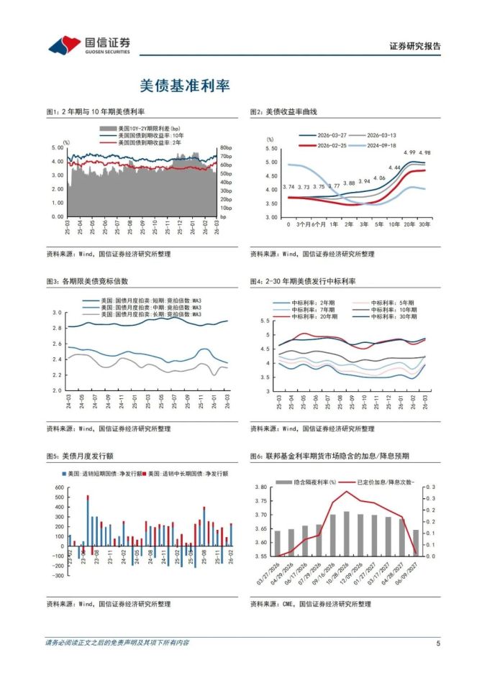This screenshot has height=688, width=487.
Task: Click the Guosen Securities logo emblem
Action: click(x=64, y=45)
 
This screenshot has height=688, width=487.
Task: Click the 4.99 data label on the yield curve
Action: click(x=409, y=152)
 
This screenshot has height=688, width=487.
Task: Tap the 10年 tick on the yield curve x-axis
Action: click(x=394, y=225)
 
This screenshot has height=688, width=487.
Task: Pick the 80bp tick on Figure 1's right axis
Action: click(x=225, y=147)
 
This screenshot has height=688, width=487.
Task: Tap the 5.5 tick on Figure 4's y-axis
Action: click(x=265, y=321)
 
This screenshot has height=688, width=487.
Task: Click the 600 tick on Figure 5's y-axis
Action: click(x=59, y=487)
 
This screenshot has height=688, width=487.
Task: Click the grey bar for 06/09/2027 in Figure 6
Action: click(x=415, y=543)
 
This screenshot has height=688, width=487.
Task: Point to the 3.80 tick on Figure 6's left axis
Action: click(x=261, y=487)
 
